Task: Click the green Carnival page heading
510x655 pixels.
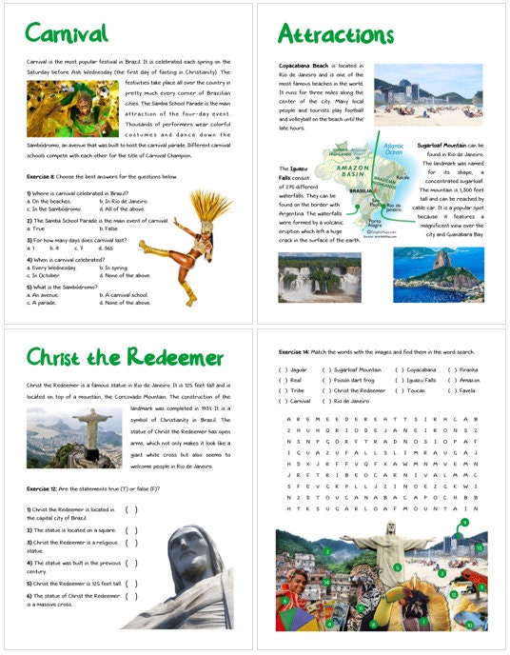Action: click(x=66, y=34)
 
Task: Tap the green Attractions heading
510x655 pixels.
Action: click(x=336, y=35)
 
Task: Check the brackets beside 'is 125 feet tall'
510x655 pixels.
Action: click(x=130, y=583)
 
